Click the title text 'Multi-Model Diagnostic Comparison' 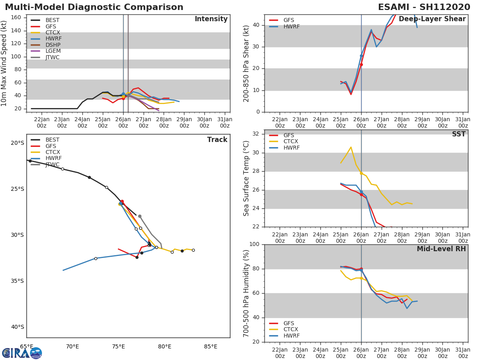click(94, 7)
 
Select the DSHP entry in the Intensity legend click(53, 45)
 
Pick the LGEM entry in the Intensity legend click(53, 51)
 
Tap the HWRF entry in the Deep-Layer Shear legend click(291, 26)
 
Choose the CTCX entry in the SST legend click(290, 142)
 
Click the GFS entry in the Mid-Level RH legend click(288, 323)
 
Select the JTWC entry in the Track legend click(52, 165)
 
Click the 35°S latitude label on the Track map click(17, 281)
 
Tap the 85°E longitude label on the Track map click(211, 346)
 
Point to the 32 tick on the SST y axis click(256, 134)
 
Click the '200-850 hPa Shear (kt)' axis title click(246, 64)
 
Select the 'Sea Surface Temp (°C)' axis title click(246, 178)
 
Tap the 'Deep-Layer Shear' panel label click(432, 19)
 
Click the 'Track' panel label click(217, 140)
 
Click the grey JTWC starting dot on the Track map click(140, 216)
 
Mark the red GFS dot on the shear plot click(361, 64)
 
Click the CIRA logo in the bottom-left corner click(22, 353)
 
